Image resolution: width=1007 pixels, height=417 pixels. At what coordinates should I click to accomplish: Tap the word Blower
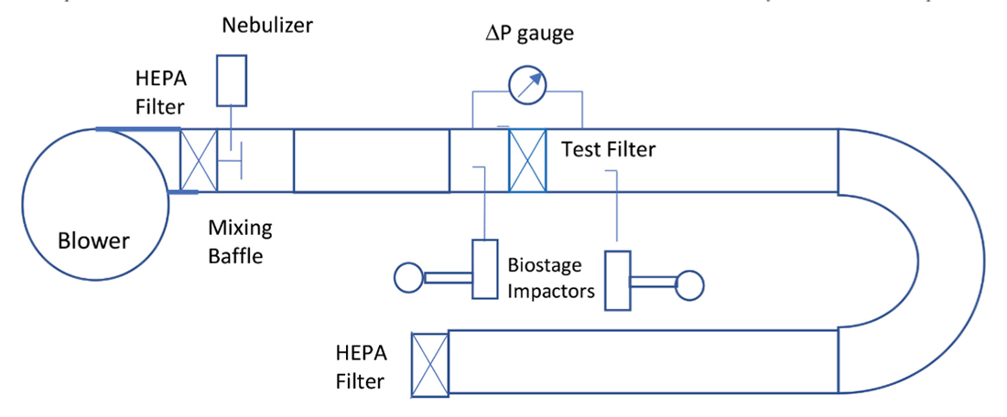(x=93, y=242)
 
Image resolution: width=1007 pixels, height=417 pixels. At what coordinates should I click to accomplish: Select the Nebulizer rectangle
(x=232, y=80)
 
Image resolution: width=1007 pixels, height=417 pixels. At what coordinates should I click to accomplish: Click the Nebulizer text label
(x=266, y=25)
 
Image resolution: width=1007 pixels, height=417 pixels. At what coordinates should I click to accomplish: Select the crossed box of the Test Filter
(x=527, y=161)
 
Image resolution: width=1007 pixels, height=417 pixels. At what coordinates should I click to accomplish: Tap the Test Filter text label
(x=608, y=148)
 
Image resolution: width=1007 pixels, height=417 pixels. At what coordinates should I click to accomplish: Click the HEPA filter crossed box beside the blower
(x=198, y=161)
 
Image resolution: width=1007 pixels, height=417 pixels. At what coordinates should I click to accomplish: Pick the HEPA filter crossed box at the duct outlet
(x=429, y=363)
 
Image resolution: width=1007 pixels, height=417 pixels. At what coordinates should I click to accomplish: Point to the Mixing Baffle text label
(x=240, y=241)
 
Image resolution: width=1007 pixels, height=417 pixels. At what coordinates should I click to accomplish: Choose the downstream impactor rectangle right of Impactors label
(x=618, y=280)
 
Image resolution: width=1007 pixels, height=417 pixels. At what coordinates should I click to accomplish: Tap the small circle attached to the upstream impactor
(x=406, y=276)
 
